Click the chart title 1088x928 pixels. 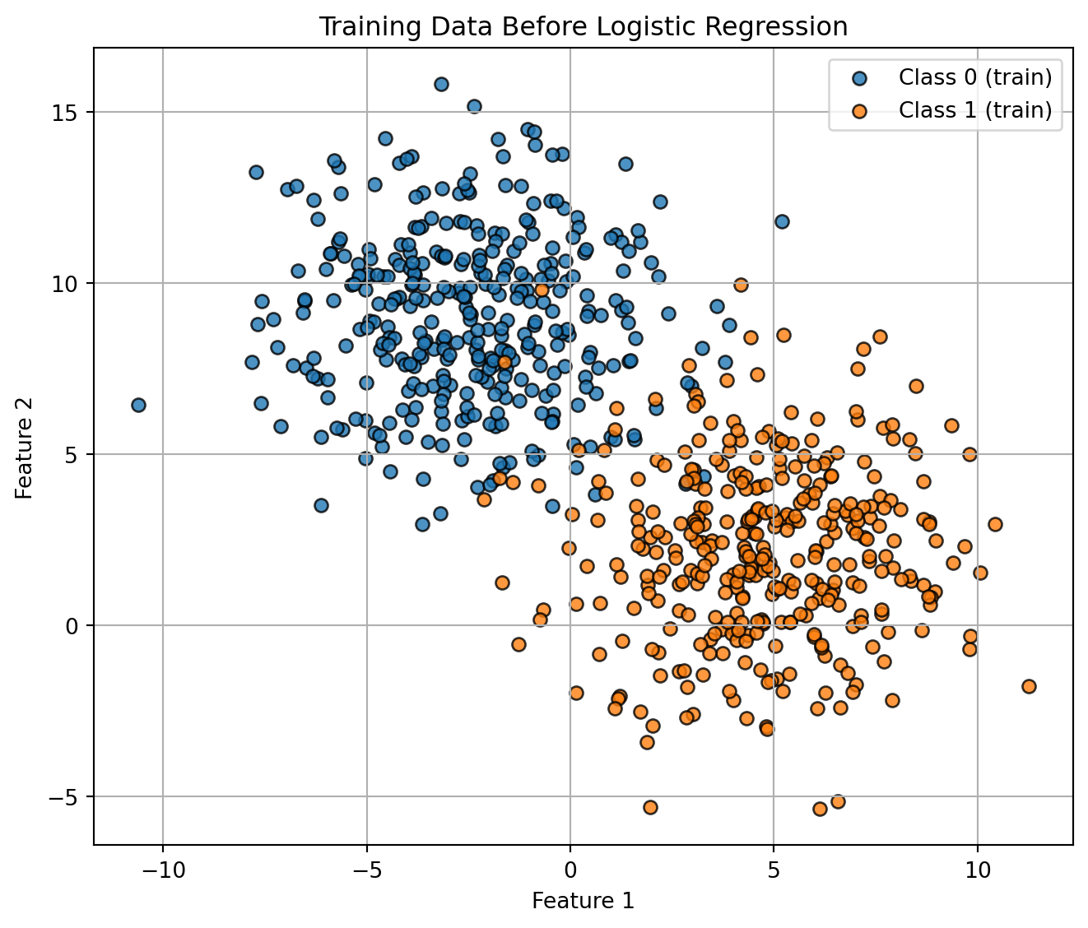583,27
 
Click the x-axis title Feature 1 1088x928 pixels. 583,901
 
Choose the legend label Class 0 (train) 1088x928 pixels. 975,78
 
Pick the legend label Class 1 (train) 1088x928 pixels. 975,110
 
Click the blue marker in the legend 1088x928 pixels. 859,79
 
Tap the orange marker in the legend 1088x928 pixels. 859,111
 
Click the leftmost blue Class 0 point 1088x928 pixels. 138,405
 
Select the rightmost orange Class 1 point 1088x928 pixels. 1029,686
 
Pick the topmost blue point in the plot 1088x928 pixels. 441,84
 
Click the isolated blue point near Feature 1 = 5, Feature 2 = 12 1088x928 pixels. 782,221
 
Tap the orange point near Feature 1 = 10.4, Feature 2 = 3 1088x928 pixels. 995,524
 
